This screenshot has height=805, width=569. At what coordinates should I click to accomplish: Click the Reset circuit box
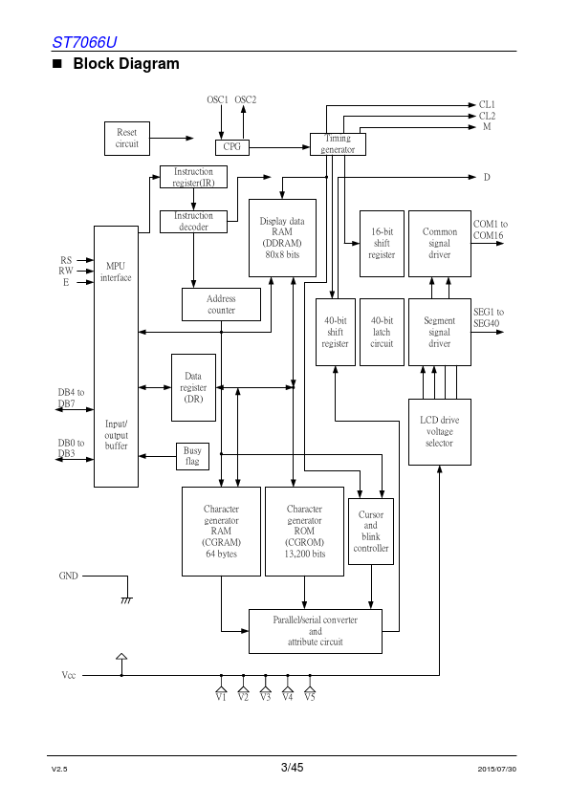tap(127, 139)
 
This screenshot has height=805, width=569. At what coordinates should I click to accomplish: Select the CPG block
tap(232, 147)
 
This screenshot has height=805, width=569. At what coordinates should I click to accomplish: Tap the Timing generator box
tap(338, 144)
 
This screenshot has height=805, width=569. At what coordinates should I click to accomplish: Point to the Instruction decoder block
tap(193, 222)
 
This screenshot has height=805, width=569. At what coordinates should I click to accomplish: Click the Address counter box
tap(221, 304)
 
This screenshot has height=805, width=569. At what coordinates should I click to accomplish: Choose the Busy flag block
tap(192, 456)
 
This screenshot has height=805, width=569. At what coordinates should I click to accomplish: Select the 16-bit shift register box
tap(382, 244)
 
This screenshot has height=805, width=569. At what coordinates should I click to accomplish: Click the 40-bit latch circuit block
tap(382, 332)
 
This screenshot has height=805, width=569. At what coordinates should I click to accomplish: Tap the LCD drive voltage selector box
tap(440, 432)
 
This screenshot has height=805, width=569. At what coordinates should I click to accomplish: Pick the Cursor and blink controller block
tap(371, 532)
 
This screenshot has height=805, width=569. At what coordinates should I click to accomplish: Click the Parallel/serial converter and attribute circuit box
tap(316, 631)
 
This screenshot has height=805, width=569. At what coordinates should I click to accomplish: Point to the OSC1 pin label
tap(217, 99)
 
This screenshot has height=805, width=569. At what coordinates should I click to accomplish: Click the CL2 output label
tap(488, 116)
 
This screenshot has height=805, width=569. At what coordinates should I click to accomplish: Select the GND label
tap(68, 577)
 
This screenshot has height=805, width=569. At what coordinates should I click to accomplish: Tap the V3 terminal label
tap(265, 697)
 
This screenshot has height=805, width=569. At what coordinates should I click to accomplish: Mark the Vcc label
tap(68, 675)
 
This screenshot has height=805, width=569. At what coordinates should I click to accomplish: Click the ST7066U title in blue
tap(85, 42)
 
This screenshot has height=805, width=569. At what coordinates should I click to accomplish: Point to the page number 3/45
tap(293, 768)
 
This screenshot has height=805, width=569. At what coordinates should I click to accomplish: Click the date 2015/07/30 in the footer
tap(497, 769)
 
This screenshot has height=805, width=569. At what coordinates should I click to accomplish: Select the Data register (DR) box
tap(193, 387)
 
